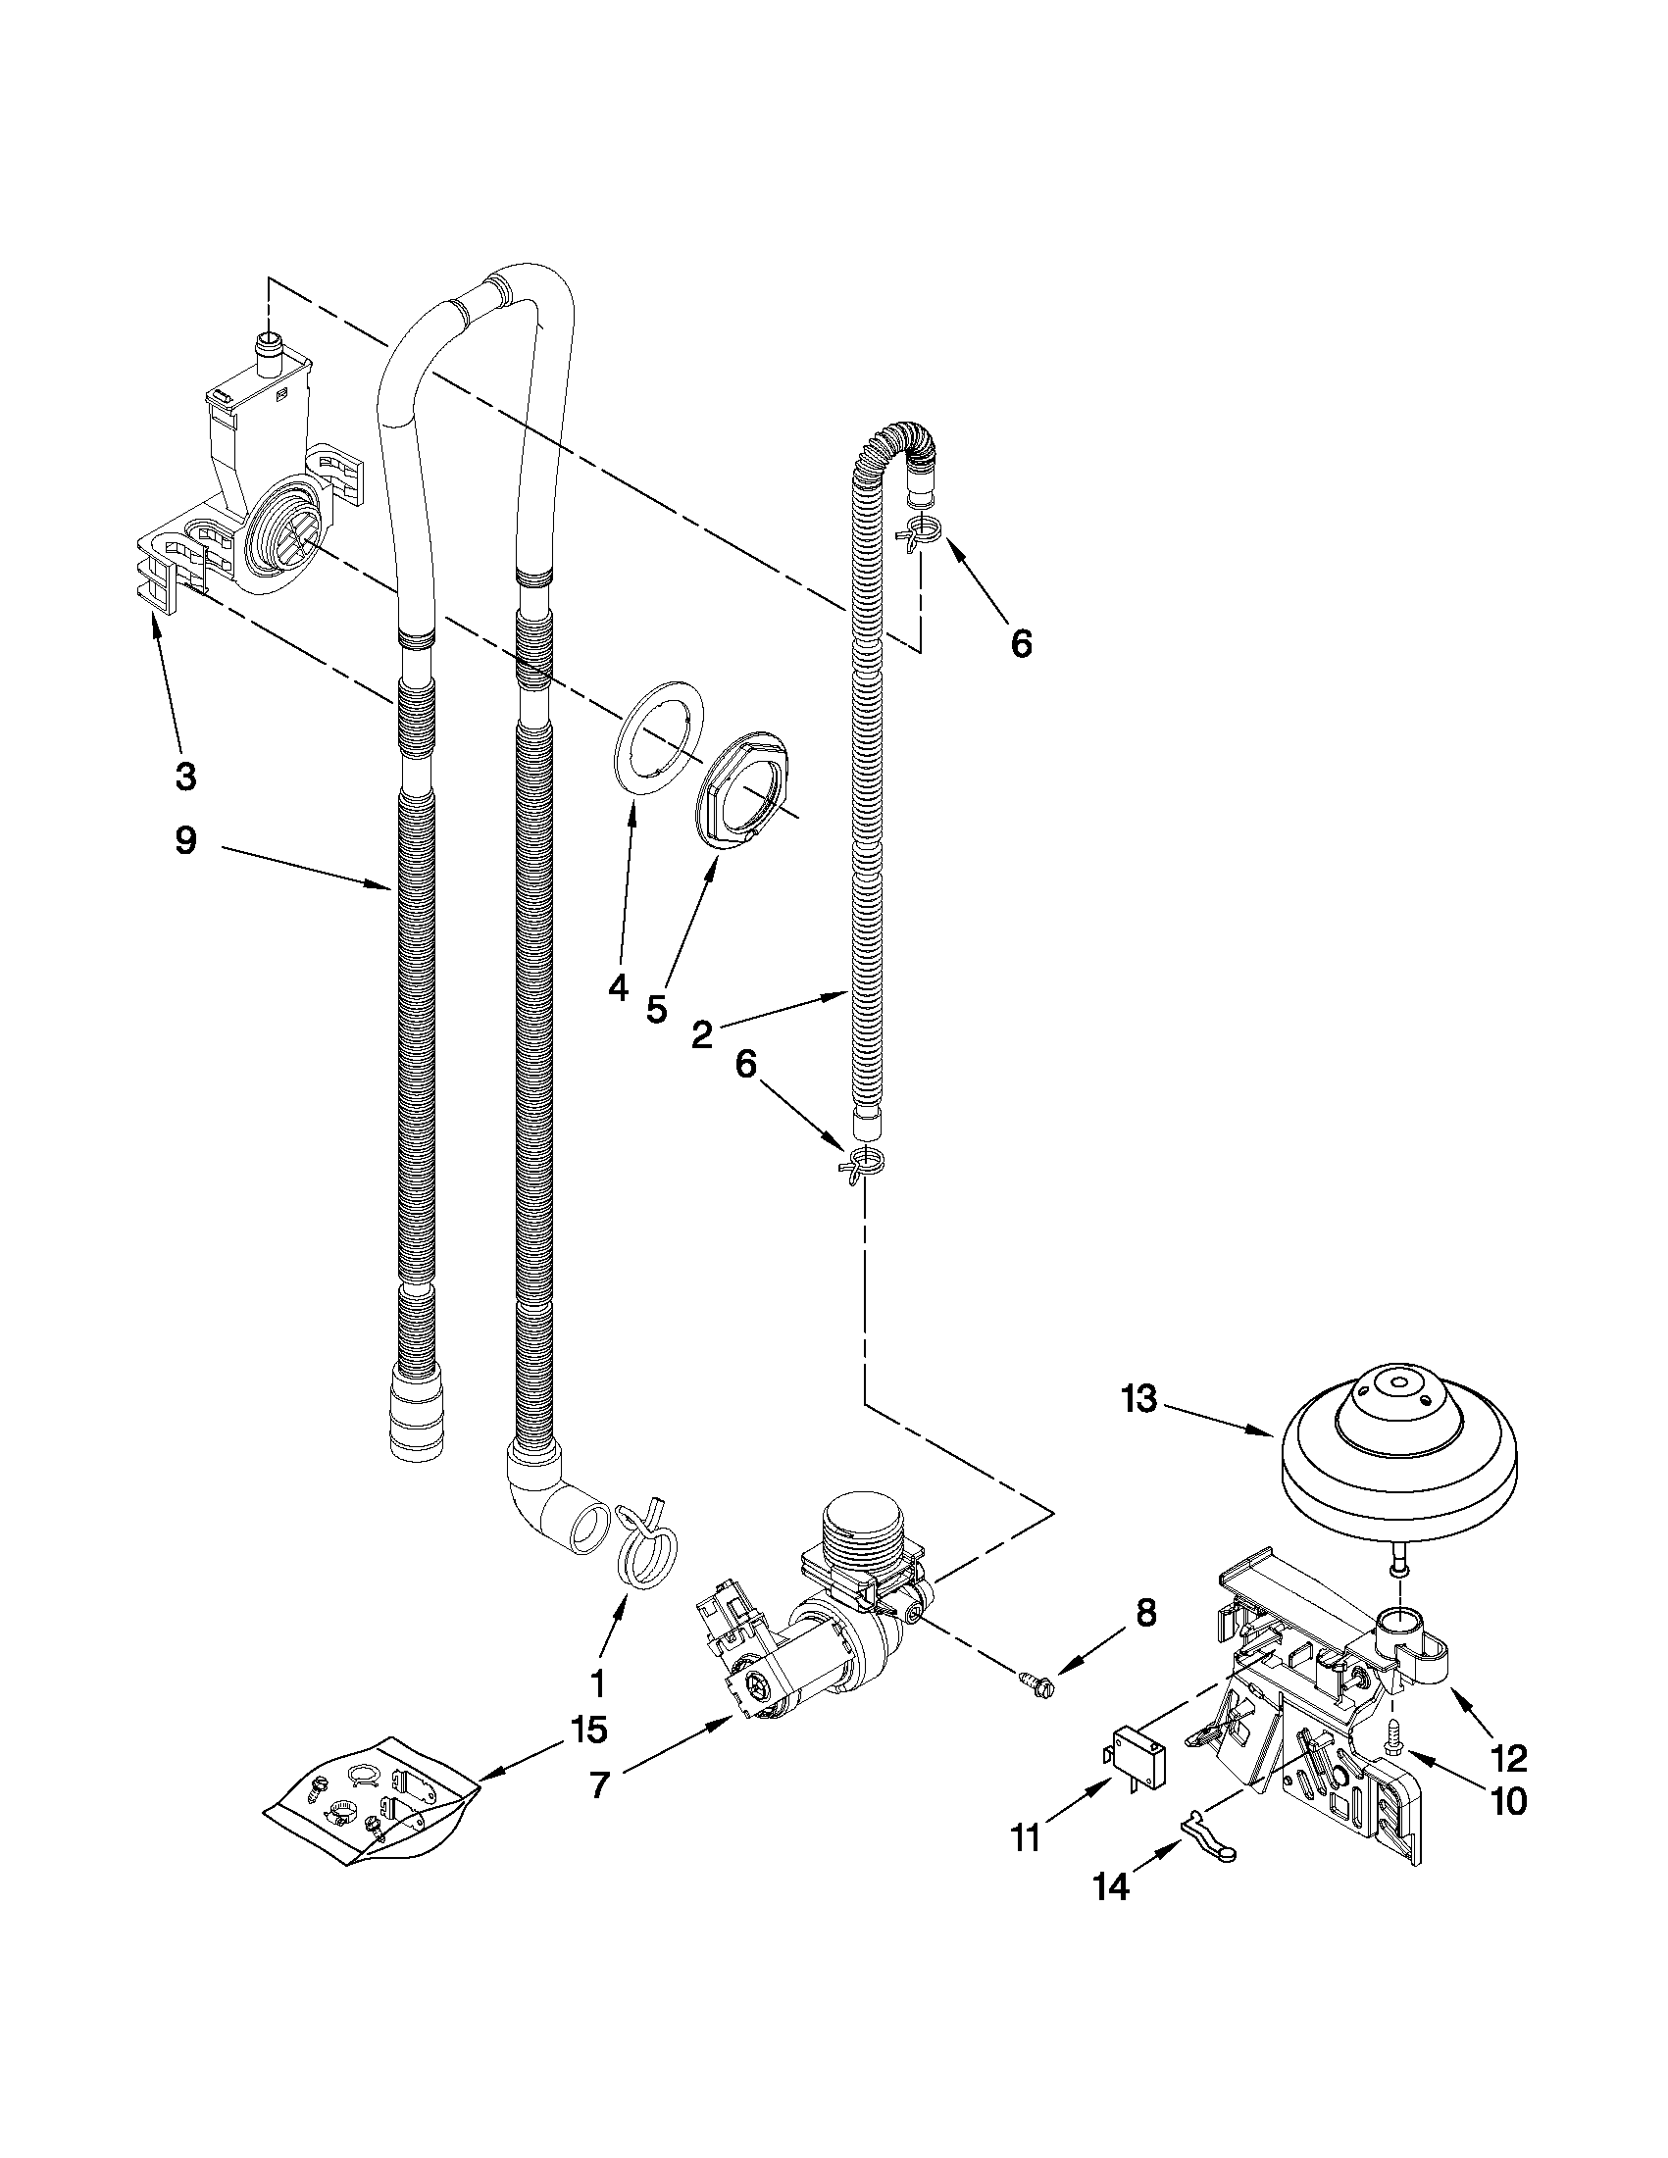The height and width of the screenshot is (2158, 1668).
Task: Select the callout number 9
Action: point(185,841)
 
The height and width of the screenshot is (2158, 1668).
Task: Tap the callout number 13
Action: point(1138,1399)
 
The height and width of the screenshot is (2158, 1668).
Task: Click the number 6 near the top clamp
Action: point(1021,644)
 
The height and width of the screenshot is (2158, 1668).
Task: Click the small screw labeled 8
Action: point(1037,1677)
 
